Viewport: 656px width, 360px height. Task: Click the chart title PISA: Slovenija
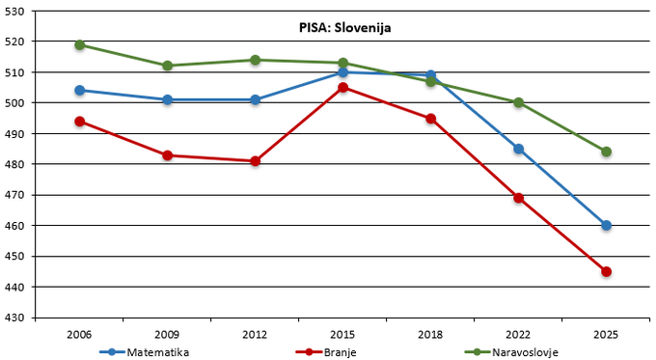[344, 28]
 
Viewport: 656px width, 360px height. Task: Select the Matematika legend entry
[145, 352]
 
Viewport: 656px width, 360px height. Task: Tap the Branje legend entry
[326, 352]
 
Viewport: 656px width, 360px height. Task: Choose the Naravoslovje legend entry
[511, 352]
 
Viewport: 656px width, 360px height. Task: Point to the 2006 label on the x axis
[79, 335]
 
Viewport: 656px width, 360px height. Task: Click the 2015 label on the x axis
[342, 335]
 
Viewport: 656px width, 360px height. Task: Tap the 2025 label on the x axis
[606, 335]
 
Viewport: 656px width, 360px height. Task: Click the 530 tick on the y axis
[14, 12]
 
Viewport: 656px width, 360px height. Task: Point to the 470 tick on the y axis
[14, 195]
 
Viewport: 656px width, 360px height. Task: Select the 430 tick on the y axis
[14, 318]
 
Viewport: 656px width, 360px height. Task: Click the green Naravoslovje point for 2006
[79, 44]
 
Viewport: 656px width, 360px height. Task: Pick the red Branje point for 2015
[343, 88]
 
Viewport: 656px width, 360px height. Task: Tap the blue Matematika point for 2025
[606, 226]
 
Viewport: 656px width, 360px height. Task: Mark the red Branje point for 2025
[606, 271]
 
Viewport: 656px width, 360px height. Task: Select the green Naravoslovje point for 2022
[519, 102]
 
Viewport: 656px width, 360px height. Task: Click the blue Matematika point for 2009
[167, 99]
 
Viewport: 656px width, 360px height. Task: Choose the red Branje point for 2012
[256, 161]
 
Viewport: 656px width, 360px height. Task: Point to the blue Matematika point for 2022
[519, 149]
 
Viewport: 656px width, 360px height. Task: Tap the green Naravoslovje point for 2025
[606, 152]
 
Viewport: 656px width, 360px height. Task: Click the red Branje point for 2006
[79, 122]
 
